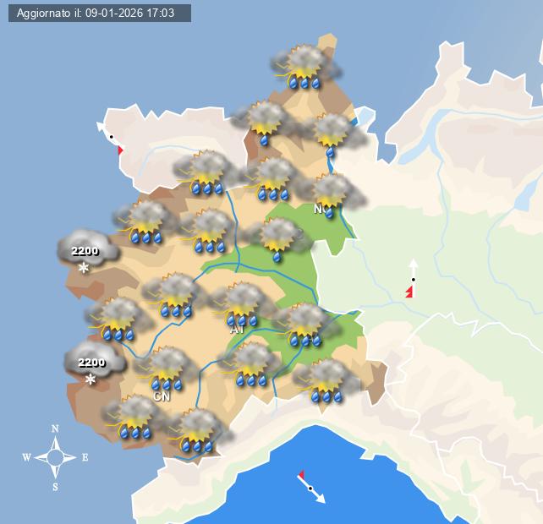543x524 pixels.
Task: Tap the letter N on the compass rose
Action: click(x=56, y=428)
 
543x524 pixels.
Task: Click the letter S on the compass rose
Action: click(x=56, y=487)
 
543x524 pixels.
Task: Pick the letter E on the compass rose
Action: click(x=85, y=458)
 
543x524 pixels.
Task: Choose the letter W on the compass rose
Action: click(x=26, y=458)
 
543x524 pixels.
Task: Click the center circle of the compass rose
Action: click(x=56, y=458)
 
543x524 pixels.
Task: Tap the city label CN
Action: click(x=161, y=396)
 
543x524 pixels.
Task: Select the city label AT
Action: click(x=238, y=329)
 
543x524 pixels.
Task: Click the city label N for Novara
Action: click(x=318, y=209)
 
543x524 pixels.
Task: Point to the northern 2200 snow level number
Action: click(x=85, y=251)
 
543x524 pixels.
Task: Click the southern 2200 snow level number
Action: click(x=91, y=363)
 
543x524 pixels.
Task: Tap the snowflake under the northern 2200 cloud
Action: click(x=84, y=269)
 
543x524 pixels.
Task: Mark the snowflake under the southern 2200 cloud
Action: click(x=90, y=380)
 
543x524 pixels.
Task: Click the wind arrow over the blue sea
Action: click(x=310, y=488)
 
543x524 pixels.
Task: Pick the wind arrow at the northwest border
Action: click(x=111, y=137)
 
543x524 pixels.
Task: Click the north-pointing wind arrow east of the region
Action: click(x=413, y=279)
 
